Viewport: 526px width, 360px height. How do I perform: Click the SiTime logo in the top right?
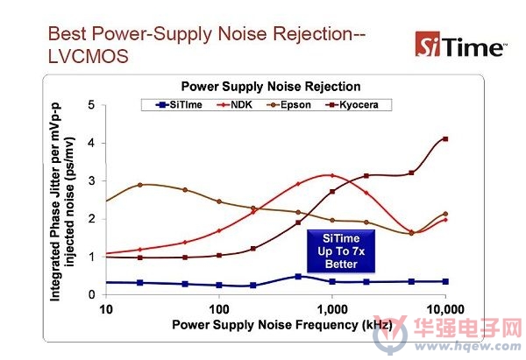coord(461,45)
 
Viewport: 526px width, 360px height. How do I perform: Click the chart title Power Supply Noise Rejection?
coord(271,87)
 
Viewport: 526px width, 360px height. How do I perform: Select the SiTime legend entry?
coord(179,105)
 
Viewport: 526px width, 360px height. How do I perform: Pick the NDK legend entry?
coord(235,105)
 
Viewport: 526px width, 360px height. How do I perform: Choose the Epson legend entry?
coord(289,105)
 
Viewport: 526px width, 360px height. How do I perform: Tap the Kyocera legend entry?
coord(352,105)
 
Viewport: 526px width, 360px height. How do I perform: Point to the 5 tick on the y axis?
coord(91,105)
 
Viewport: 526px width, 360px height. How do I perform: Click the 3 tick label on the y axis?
coord(91,181)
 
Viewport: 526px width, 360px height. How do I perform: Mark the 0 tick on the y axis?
coord(91,294)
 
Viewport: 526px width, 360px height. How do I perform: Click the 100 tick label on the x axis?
coord(219,309)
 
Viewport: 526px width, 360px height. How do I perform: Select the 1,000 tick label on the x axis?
coord(331,309)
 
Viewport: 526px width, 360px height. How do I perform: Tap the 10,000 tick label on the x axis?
coord(445,309)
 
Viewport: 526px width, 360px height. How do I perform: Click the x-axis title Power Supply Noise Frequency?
coord(282,325)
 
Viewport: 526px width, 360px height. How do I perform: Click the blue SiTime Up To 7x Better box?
coord(341,251)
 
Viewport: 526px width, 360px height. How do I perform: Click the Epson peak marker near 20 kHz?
coord(140,185)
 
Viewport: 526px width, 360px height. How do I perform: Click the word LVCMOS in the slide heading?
coord(89,56)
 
